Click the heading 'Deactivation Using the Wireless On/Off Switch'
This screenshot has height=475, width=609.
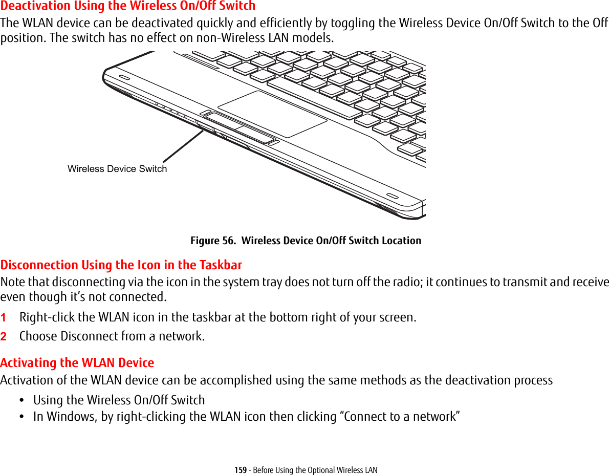[x=128, y=6]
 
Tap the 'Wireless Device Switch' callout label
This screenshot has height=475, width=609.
[x=117, y=169]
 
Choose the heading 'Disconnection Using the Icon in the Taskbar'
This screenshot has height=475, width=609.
[x=121, y=265]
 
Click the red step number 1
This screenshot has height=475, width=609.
[x=4, y=318]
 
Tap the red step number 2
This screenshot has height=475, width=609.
[x=4, y=337]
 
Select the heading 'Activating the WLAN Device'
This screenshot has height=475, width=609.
[x=77, y=363]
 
